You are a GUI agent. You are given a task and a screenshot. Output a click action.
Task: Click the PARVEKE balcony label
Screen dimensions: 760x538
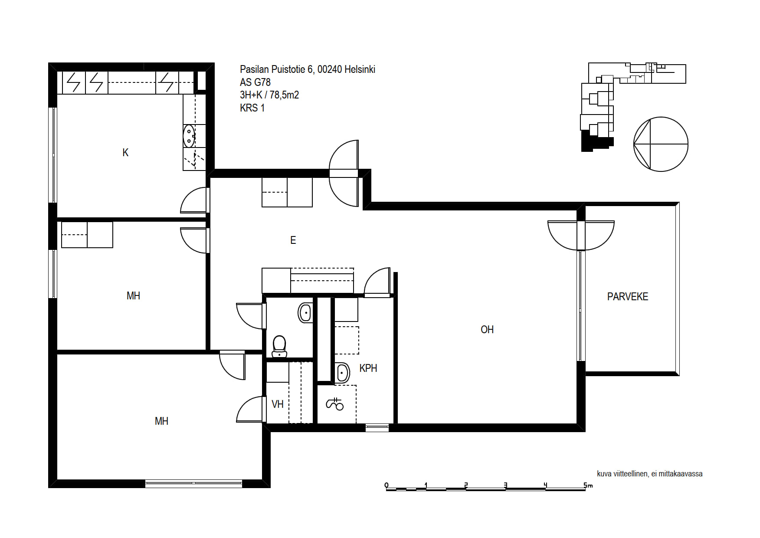coord(627,297)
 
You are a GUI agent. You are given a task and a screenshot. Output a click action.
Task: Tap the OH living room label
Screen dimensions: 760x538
coord(487,330)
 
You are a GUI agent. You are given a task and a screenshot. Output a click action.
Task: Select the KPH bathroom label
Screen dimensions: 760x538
coord(368,368)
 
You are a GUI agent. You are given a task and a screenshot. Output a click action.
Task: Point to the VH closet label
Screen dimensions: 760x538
coord(278,404)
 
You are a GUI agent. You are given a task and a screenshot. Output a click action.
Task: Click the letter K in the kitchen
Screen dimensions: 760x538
coord(125,153)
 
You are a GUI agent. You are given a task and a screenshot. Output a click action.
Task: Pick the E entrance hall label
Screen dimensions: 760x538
coord(293,240)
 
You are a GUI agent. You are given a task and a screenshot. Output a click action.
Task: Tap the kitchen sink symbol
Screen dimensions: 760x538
coord(189,136)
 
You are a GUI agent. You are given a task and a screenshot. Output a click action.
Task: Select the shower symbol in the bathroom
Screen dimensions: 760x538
coord(334,404)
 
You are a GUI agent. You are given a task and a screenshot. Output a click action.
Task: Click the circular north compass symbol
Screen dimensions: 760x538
coord(661,144)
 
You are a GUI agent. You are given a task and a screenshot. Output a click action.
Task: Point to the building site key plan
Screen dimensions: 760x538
coord(633,107)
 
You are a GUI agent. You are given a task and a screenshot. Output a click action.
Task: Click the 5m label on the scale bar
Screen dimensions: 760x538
coord(588,485)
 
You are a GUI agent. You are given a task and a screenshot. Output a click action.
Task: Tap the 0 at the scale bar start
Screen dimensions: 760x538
coord(387,485)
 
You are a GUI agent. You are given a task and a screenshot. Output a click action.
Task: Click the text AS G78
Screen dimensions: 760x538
coord(255,82)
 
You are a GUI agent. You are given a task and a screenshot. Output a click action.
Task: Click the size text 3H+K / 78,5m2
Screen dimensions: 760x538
coord(269,95)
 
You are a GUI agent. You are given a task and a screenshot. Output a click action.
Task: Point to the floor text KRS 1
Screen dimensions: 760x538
coord(252,108)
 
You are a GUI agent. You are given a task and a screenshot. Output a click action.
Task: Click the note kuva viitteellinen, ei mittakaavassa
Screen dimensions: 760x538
coord(649,474)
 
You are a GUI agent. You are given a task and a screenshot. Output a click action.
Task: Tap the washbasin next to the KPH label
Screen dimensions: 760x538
coord(343,373)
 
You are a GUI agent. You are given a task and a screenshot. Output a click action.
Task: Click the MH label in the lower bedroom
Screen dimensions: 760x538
coord(161,421)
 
